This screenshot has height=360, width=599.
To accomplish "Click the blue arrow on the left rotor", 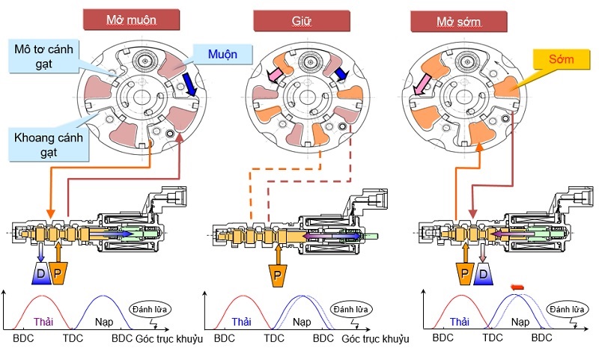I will [189, 85].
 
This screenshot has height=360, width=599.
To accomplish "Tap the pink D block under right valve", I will [483, 274].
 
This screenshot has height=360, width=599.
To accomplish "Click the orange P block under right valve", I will [464, 274].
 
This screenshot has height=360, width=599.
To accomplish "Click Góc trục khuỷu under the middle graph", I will [375, 339].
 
